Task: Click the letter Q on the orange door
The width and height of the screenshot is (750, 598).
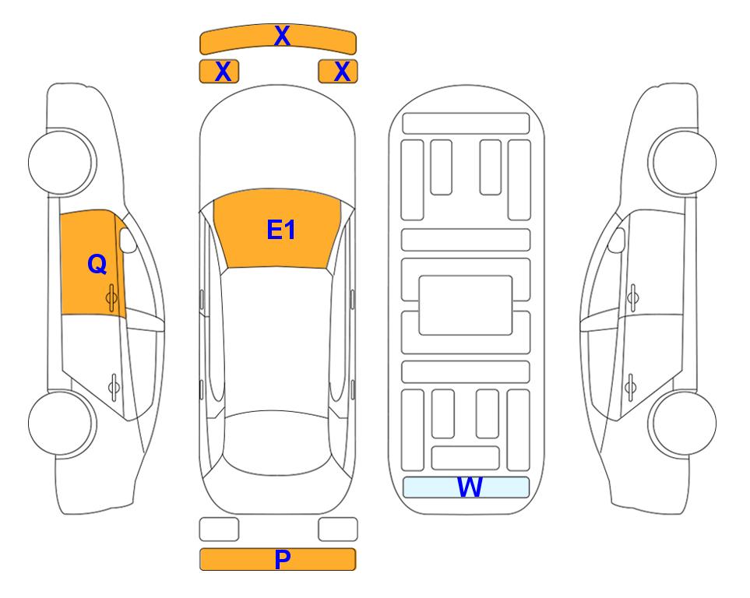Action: [x=97, y=264]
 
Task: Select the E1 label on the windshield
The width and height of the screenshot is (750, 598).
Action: [x=281, y=230]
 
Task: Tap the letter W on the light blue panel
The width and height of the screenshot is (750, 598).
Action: [x=469, y=487]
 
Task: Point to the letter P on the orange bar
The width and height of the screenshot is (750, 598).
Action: [x=282, y=559]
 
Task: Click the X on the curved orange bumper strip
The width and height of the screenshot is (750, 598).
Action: [x=282, y=36]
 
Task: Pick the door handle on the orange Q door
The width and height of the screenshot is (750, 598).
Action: [x=111, y=297]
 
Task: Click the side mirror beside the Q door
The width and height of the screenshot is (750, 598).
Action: [x=127, y=240]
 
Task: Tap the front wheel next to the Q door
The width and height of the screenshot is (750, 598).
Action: [x=62, y=162]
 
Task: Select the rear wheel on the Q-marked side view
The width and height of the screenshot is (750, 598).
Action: [x=62, y=423]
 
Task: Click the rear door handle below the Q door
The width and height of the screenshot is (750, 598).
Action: [x=114, y=386]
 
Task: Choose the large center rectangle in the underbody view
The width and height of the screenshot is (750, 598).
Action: [x=466, y=305]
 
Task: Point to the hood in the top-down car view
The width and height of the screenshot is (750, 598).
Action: [x=277, y=143]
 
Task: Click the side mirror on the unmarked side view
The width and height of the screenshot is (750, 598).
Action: [x=617, y=240]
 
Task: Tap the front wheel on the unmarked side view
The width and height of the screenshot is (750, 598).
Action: [x=682, y=162]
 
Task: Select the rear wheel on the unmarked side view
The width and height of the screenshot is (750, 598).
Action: [x=682, y=423]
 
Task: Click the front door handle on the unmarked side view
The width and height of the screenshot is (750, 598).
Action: [x=633, y=297]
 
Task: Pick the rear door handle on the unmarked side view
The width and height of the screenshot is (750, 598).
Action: [x=630, y=386]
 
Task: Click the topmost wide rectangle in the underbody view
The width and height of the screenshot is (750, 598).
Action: [x=466, y=124]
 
